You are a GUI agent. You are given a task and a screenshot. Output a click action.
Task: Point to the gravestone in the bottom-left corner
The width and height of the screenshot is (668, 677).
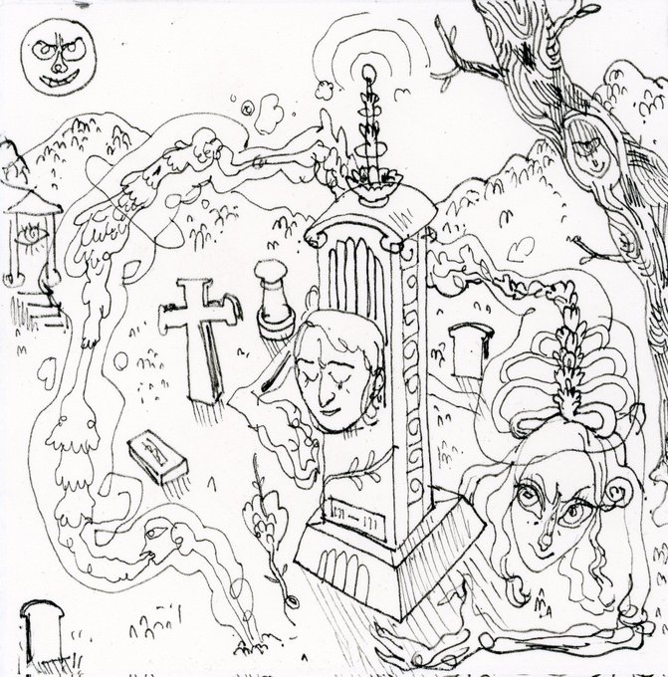pos(41,631)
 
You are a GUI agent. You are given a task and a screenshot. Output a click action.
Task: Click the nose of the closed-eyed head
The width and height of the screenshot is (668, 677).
pos(334,384)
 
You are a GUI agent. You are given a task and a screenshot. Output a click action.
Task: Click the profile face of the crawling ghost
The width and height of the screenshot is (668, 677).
pos(149,539)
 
